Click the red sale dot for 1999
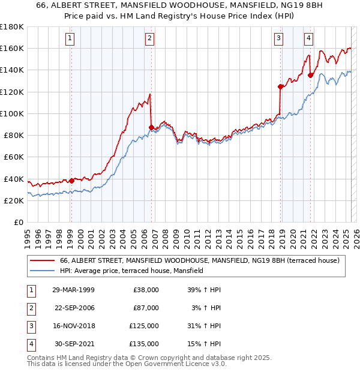click(71, 181)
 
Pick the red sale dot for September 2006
click(151, 127)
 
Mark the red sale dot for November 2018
click(280, 86)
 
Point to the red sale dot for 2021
click(310, 75)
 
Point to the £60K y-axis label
click(13, 157)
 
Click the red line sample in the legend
click(42, 260)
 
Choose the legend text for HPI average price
click(132, 271)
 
